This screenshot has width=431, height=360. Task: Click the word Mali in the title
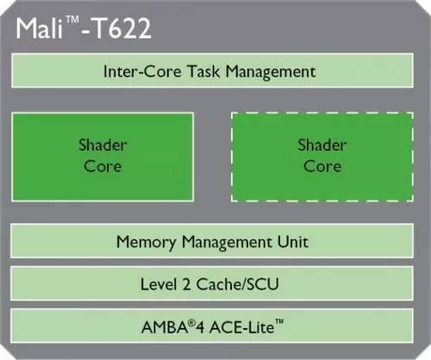[x=40, y=28]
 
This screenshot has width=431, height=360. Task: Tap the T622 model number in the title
[x=122, y=28]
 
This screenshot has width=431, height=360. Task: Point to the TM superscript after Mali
[x=72, y=20]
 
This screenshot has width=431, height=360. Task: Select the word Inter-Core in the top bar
[x=142, y=71]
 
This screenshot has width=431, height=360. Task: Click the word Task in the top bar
[x=203, y=71]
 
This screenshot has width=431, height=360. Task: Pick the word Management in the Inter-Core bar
[x=271, y=71]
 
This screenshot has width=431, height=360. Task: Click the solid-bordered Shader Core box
[x=103, y=157]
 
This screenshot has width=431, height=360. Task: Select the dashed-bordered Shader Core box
[x=322, y=157]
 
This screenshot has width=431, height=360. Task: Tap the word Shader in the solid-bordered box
[x=103, y=145]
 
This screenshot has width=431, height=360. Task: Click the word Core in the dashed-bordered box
[x=322, y=166]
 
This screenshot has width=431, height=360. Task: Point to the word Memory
[x=147, y=243]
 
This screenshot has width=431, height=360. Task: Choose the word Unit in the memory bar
[x=293, y=242]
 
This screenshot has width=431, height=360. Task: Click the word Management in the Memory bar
[x=227, y=243]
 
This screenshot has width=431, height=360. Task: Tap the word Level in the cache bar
[x=159, y=284]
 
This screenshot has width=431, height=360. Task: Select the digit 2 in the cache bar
[x=186, y=284]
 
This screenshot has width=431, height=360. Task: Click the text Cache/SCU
[x=238, y=284]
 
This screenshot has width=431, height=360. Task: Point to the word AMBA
[x=165, y=327]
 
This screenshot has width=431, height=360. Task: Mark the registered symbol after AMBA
[x=191, y=323]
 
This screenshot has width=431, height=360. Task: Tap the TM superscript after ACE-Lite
[x=279, y=321]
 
